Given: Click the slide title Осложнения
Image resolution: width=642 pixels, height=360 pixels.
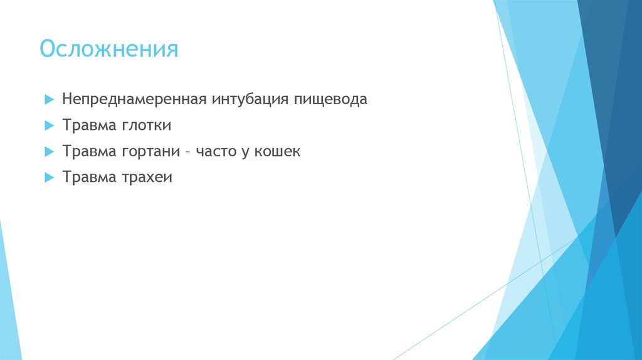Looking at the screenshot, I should (x=109, y=49).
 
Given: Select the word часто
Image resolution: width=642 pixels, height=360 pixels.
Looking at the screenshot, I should (x=215, y=152).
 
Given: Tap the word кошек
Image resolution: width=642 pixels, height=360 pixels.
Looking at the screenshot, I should (x=277, y=152).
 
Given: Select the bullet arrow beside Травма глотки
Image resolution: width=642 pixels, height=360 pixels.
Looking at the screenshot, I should (x=50, y=126).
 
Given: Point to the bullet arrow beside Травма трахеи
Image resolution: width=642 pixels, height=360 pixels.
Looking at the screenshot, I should (x=50, y=178).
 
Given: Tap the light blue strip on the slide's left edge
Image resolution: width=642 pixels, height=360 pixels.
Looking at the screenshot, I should (x=9, y=295).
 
